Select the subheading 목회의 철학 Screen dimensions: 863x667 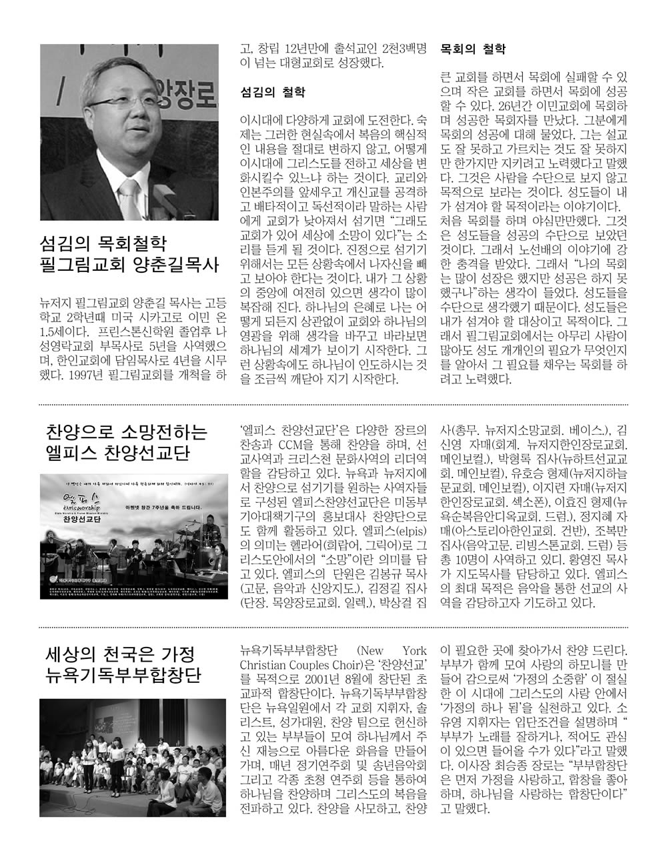point(473,48)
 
